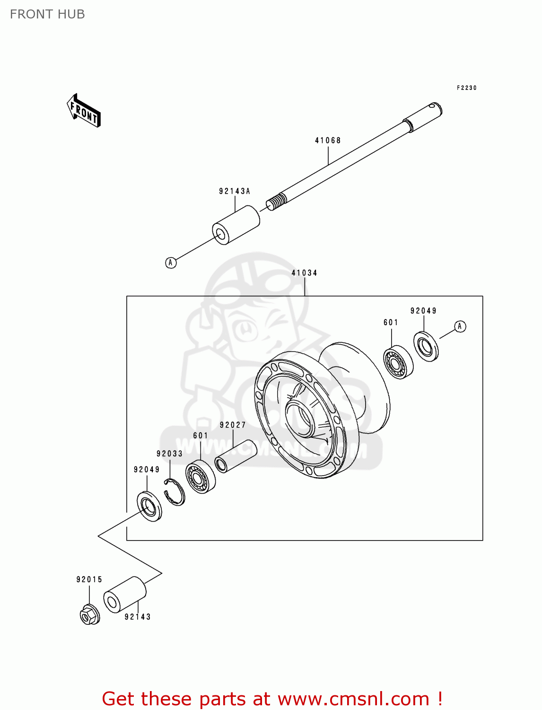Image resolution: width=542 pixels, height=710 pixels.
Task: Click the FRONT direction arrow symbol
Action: [x=84, y=111]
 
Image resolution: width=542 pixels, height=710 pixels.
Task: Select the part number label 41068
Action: [x=328, y=141]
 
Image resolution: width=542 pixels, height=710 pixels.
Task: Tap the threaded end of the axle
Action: [x=276, y=202]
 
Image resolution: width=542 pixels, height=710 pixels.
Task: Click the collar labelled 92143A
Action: [x=236, y=225]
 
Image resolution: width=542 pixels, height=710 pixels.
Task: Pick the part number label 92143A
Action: [x=235, y=191]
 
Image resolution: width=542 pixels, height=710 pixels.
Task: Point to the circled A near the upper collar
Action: [x=171, y=262]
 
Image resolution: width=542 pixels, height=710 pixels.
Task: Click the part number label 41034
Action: [x=304, y=273]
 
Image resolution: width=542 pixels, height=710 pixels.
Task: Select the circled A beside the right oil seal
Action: [x=460, y=326]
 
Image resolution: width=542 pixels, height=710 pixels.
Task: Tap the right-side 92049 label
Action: [x=423, y=311]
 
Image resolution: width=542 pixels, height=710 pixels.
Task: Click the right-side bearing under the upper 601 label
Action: [x=398, y=362]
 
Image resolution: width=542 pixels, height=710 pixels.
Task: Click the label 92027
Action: [x=233, y=425]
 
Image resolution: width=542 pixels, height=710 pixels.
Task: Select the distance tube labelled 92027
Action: [x=236, y=456]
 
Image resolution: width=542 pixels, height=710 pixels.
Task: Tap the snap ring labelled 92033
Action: [x=175, y=492]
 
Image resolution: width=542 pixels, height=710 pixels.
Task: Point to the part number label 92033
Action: [x=169, y=453]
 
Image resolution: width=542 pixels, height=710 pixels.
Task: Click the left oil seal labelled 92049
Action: [x=149, y=506]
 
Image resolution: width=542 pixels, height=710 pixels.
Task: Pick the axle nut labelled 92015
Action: [x=89, y=614]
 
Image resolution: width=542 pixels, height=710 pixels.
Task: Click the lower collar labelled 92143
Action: [x=125, y=595]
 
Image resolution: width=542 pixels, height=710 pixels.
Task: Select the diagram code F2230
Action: [x=466, y=88]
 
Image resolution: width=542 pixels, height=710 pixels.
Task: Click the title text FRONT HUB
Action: [x=47, y=14]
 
